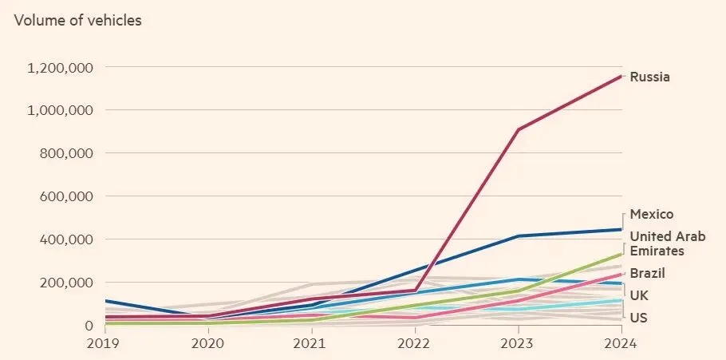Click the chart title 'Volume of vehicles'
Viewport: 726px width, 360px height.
coord(77,21)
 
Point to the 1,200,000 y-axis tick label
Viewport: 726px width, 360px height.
coord(60,68)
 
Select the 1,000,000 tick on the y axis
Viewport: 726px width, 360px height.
coord(60,110)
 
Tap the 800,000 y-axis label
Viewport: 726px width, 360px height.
coord(66,153)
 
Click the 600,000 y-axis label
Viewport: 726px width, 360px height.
coord(66,196)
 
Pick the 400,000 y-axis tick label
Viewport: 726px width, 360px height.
coord(66,239)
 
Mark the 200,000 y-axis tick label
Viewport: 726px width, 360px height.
coord(66,283)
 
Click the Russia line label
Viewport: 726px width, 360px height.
coord(649,77)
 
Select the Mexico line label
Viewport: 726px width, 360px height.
coord(652,215)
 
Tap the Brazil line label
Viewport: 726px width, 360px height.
coord(647,273)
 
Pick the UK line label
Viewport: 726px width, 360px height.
coord(639,295)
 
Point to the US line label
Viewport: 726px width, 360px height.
coord(638,318)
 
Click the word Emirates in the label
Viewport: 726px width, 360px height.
coord(657,251)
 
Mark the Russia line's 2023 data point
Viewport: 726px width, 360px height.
coord(519,129)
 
